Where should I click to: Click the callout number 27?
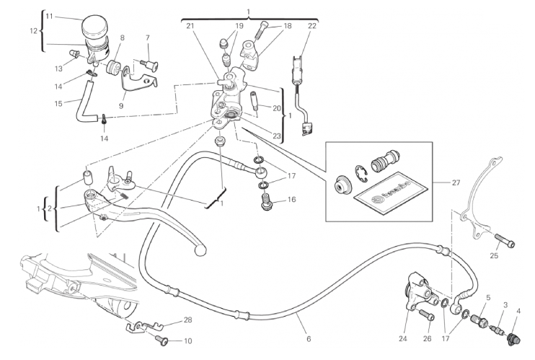point(456,183)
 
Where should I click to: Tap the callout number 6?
point(309,338)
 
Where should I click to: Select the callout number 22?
point(311,26)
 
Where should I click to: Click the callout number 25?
point(495,255)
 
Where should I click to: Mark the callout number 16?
point(292,200)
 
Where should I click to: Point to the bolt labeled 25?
point(504,242)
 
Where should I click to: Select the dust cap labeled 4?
point(515,337)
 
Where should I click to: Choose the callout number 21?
point(190,26)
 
